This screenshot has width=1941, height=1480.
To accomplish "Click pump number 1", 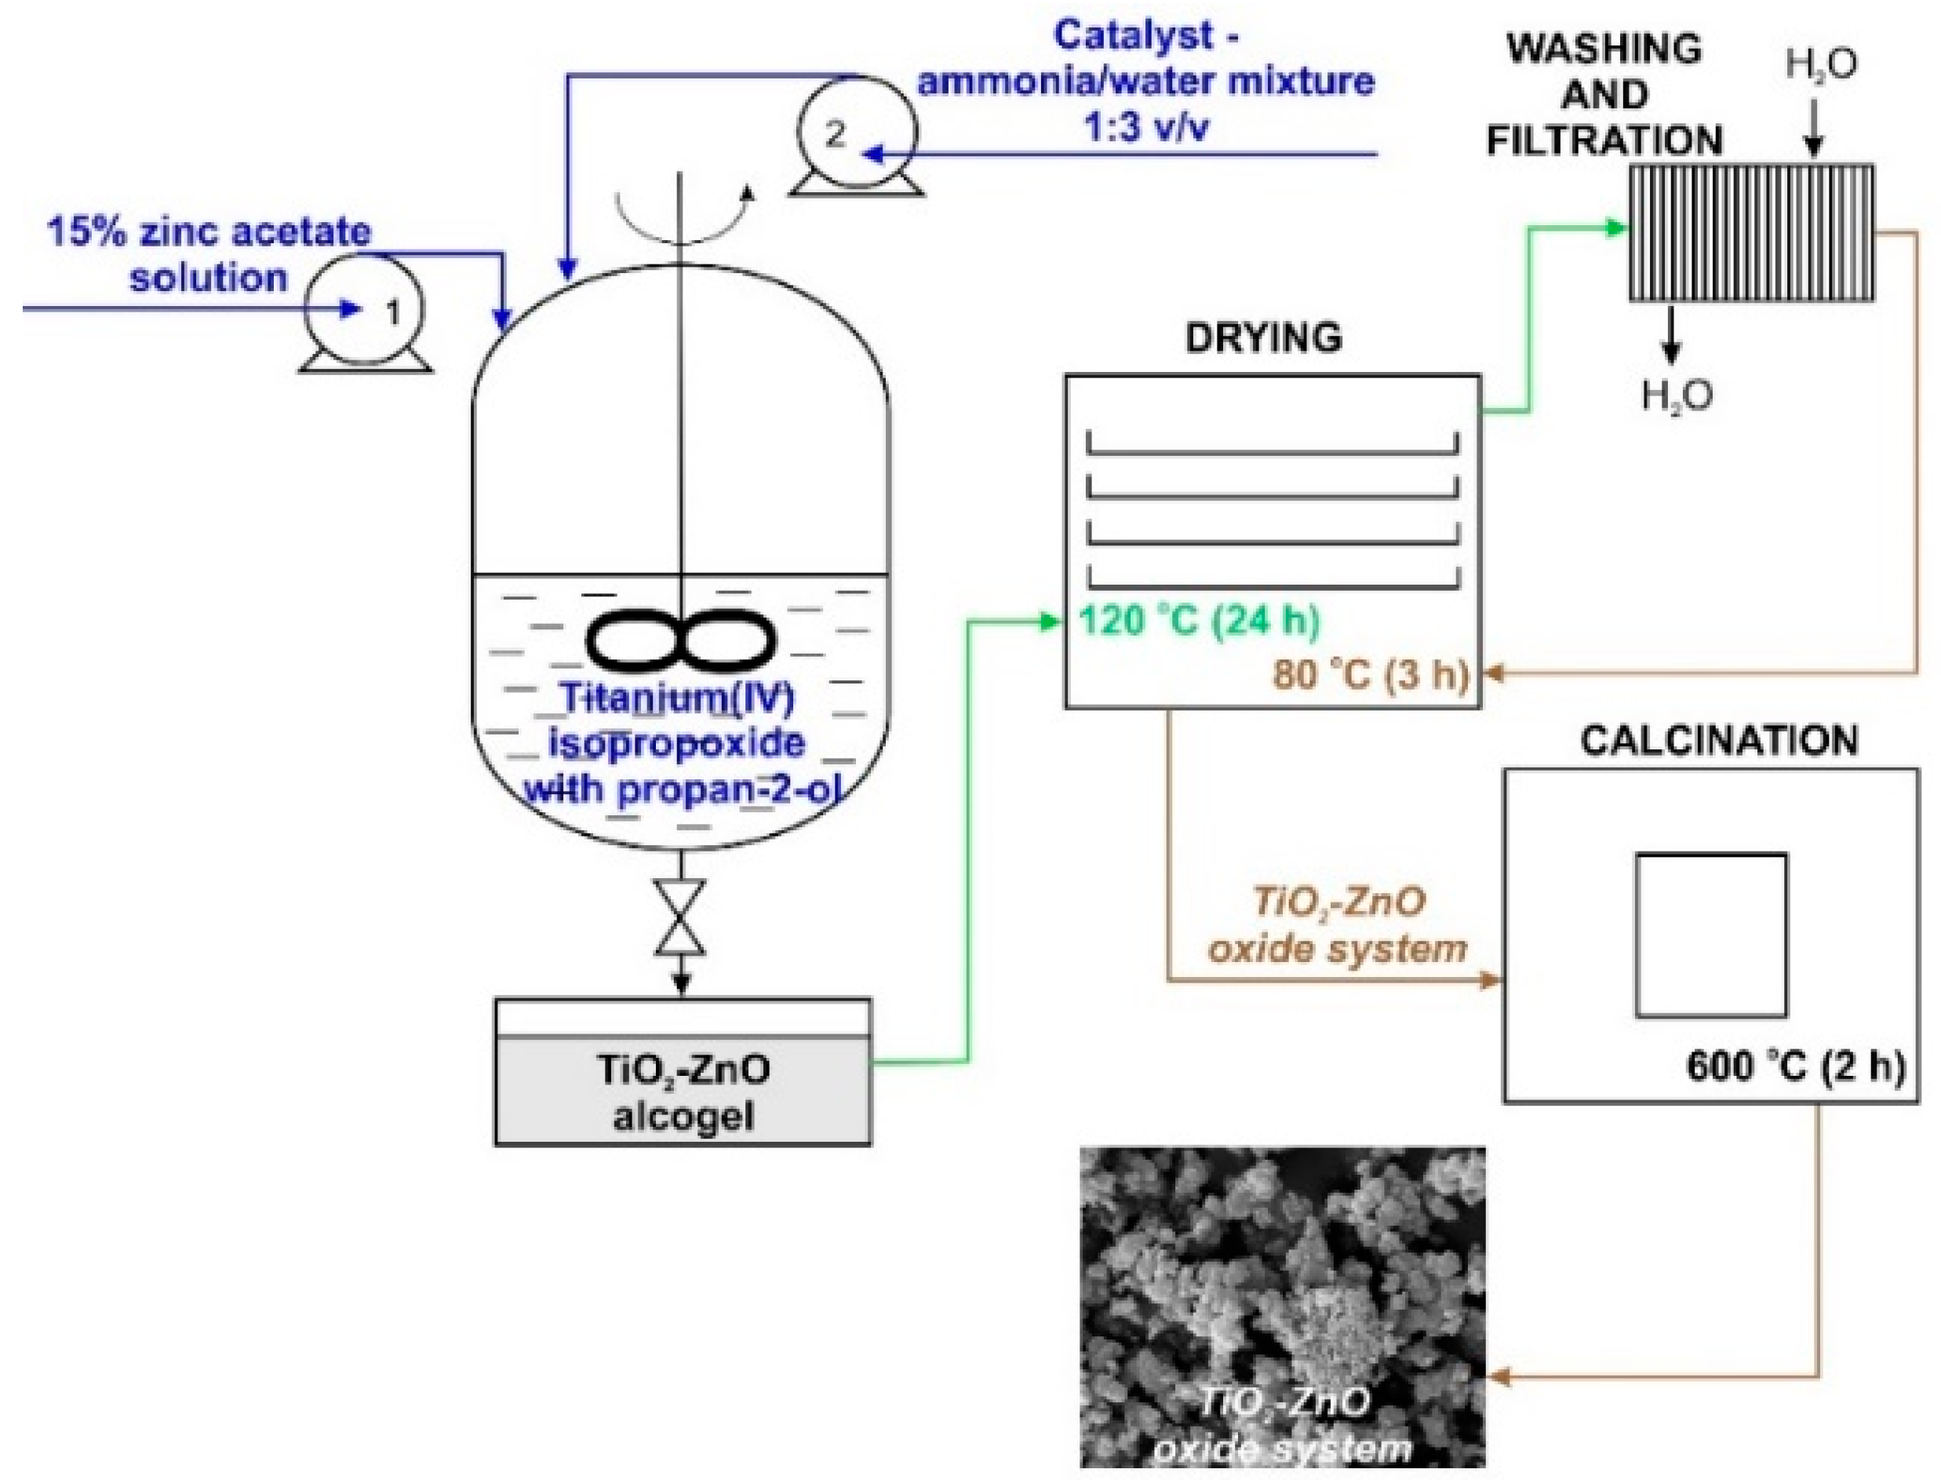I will [365, 310].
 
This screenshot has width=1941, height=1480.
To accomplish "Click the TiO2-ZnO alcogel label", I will [683, 1092].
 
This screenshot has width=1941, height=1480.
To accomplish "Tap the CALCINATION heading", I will [1718, 740].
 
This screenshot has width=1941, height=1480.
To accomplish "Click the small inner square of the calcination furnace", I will [1711, 935].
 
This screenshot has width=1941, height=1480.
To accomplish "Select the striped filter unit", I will [1750, 233].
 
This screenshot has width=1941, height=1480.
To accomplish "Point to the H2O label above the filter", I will [1821, 65].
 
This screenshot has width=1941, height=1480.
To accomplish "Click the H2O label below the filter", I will [1677, 396].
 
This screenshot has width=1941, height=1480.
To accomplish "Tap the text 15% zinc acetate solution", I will [209, 256].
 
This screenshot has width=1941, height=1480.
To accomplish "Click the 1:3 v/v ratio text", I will [1145, 128].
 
